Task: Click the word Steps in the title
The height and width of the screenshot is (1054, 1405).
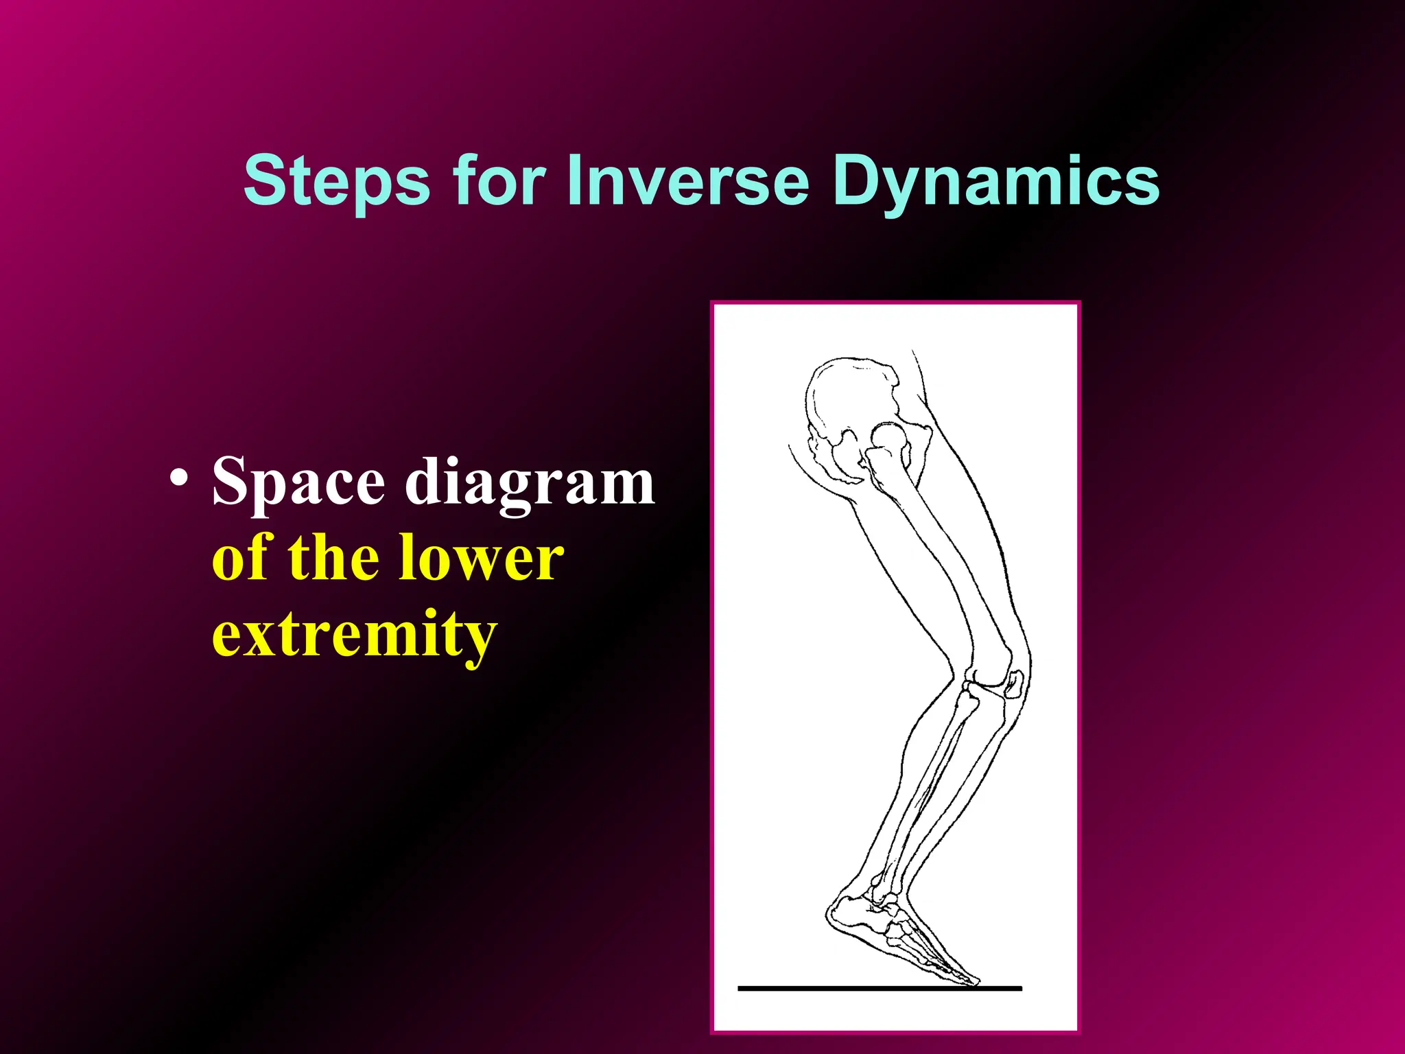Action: point(336,180)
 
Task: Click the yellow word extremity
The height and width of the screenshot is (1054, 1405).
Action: point(353,635)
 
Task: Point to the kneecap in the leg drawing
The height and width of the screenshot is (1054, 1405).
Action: point(1014,684)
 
